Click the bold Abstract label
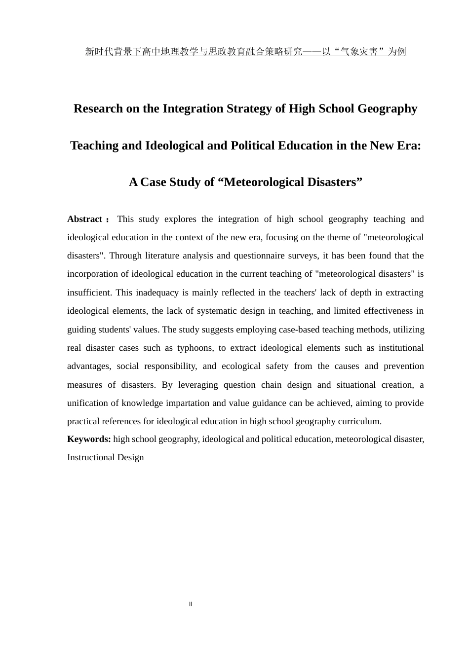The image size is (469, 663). (x=84, y=219)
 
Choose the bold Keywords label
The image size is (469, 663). (x=89, y=439)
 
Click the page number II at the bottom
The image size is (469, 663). (x=191, y=604)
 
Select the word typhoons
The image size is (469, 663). (x=195, y=348)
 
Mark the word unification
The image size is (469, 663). (x=88, y=403)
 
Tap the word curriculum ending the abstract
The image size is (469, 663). (x=359, y=421)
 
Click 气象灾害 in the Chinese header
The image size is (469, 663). (x=359, y=52)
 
